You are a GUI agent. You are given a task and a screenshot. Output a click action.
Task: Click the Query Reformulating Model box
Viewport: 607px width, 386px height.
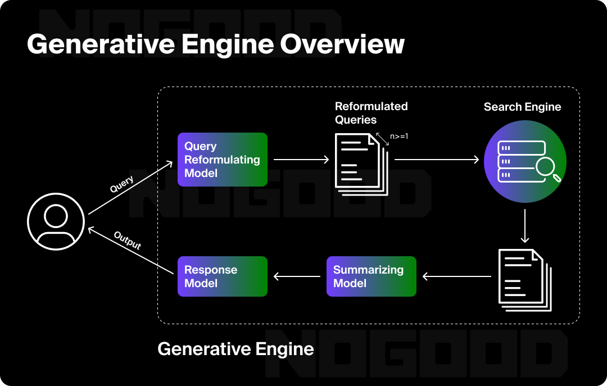[222, 160]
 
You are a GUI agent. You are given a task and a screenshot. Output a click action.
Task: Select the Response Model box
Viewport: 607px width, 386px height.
[222, 276]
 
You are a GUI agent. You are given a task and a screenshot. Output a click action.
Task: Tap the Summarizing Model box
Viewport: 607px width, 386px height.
[371, 276]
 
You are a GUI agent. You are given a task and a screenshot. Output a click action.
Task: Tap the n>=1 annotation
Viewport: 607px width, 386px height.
[398, 136]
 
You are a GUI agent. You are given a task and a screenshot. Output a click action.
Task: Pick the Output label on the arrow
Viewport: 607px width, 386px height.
[128, 240]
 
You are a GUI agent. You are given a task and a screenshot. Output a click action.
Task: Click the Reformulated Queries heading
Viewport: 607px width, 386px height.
[371, 113]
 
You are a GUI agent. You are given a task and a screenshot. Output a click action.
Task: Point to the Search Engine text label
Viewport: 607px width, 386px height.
[522, 107]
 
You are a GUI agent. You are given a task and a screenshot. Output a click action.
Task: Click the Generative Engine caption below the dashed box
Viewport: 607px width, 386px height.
[235, 349]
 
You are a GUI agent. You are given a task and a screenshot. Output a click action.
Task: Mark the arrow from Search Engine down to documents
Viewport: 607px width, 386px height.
[524, 226]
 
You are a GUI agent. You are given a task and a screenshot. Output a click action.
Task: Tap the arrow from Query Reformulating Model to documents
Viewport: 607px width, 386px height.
[301, 160]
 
